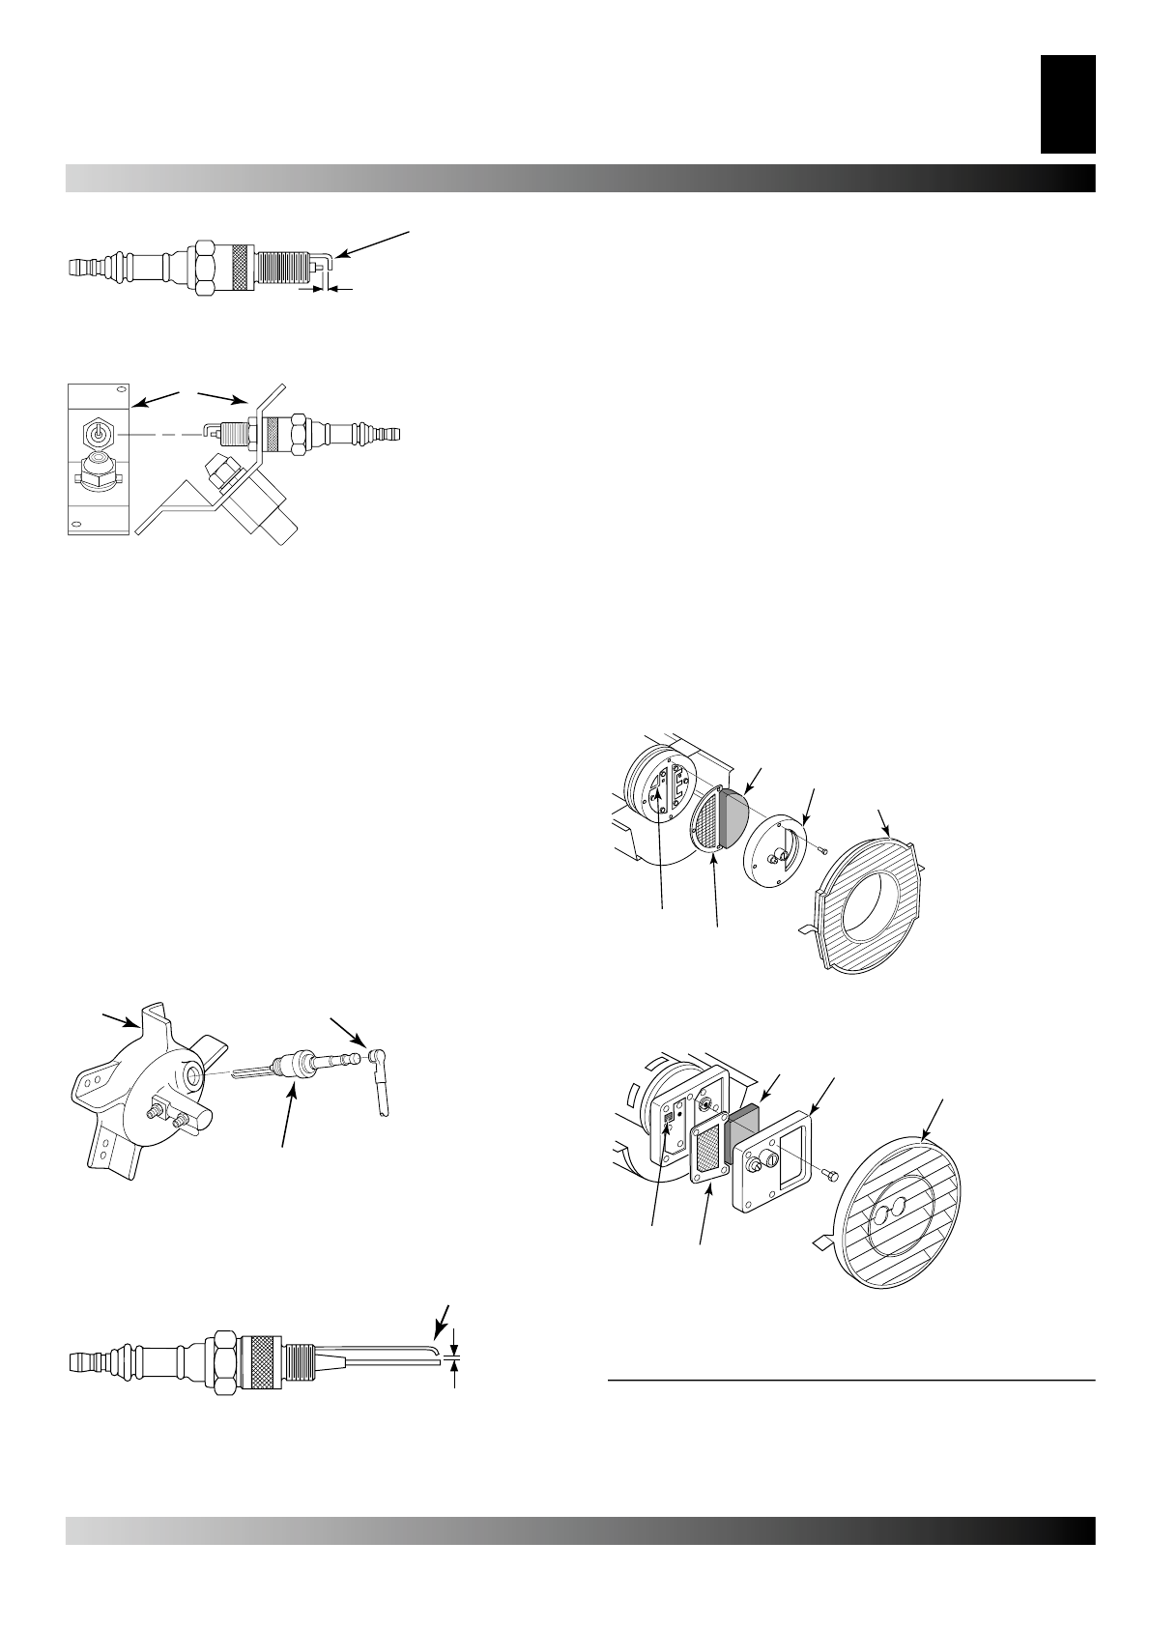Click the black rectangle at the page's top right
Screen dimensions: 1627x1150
[x=1067, y=103]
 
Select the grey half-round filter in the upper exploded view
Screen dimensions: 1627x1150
[x=734, y=813]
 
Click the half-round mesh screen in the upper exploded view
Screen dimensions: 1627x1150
[x=707, y=818]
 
